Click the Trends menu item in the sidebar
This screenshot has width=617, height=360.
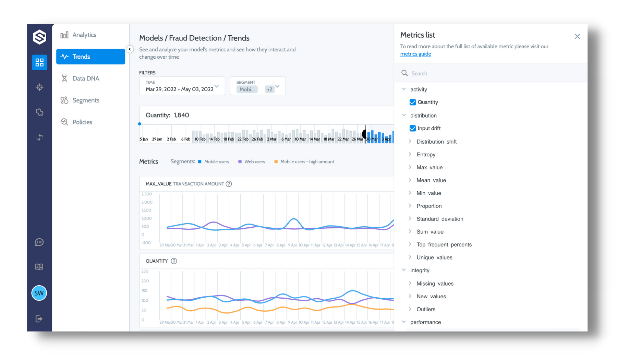pos(90,57)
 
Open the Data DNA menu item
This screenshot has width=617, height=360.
pos(86,79)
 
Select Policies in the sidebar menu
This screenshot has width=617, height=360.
pos(82,122)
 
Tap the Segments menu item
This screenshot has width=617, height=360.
pos(86,100)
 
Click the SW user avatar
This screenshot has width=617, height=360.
pos(39,293)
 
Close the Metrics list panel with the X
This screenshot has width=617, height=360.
pos(577,36)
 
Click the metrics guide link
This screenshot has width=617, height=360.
pos(415,54)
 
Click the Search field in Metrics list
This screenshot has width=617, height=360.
pos(494,73)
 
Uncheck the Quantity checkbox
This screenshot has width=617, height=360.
pos(413,102)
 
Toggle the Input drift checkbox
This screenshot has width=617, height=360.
pos(413,128)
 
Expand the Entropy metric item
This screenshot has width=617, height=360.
pos(426,155)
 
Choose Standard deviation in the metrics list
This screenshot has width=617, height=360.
pos(439,219)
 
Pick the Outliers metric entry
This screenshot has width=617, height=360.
pos(426,309)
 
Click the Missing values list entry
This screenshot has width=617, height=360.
pos(435,284)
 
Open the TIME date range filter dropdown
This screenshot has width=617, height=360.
pos(182,86)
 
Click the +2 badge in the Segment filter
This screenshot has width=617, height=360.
pos(270,89)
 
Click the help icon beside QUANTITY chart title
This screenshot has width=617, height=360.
pos(174,261)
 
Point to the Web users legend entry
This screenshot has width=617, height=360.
pos(254,162)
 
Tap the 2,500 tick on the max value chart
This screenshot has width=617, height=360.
pos(147,194)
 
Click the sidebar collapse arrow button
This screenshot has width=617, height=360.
pos(130,49)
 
